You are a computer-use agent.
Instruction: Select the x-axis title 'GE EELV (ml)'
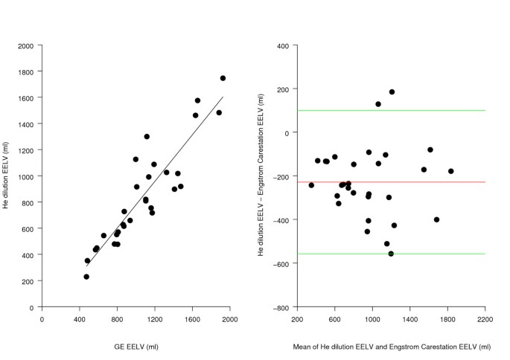[135, 347]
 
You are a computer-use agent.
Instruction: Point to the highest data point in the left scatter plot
[223, 78]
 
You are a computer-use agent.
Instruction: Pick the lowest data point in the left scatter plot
[86, 277]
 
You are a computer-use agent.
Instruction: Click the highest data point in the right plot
[392, 92]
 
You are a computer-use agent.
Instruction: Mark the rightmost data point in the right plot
[450, 171]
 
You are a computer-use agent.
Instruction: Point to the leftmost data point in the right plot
[311, 185]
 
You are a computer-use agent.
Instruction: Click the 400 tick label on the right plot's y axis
[283, 45]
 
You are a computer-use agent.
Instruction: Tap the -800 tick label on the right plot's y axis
[281, 307]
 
